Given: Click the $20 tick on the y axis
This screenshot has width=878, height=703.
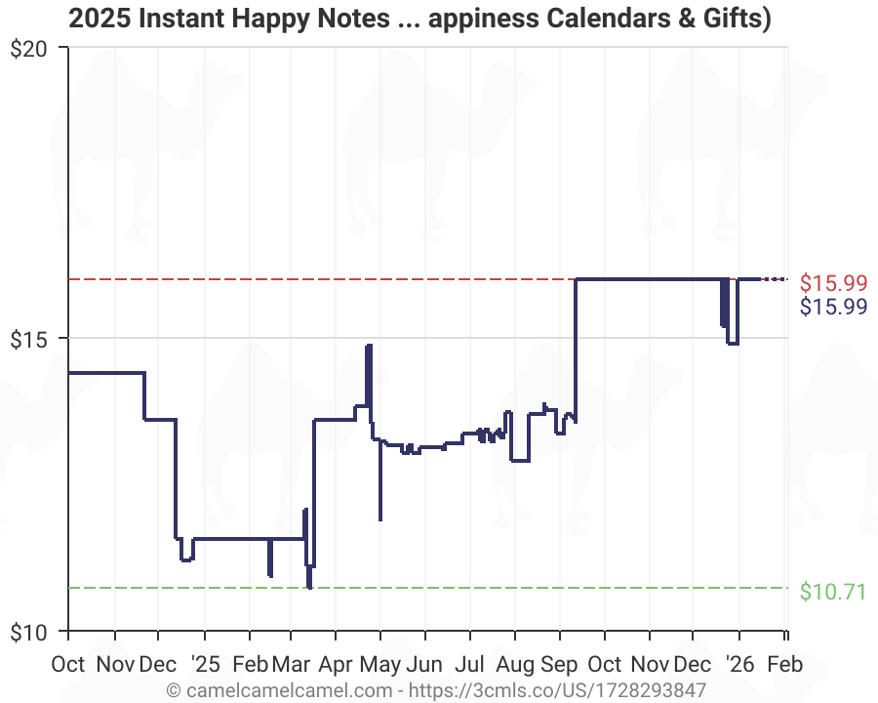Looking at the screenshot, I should pyautogui.click(x=34, y=48).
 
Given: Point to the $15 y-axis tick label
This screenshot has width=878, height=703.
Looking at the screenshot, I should pyautogui.click(x=34, y=339).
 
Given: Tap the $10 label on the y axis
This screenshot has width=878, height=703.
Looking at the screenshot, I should pyautogui.click(x=34, y=631).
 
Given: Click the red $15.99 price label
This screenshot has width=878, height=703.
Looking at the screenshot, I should pyautogui.click(x=833, y=283).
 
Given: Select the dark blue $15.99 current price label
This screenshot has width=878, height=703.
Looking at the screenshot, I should pyautogui.click(x=833, y=307).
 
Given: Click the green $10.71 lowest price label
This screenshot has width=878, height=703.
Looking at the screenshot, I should pyautogui.click(x=833, y=591).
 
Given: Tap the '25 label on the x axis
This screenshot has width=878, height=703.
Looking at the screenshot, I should pyautogui.click(x=205, y=665).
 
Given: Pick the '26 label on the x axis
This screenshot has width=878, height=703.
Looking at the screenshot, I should pyautogui.click(x=739, y=665).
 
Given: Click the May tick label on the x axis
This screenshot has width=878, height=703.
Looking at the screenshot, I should pyautogui.click(x=380, y=665).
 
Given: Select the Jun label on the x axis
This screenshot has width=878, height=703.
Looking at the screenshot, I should pyautogui.click(x=424, y=665).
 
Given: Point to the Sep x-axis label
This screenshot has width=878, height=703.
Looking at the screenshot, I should pyautogui.click(x=559, y=665).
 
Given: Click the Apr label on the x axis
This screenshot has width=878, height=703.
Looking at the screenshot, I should pyautogui.click(x=336, y=665).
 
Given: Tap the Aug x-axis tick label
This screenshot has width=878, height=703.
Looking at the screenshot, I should pyautogui.click(x=514, y=665).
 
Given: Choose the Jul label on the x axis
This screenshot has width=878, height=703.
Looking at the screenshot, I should pyautogui.click(x=469, y=665).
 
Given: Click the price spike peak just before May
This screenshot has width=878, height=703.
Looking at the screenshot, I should pyautogui.click(x=369, y=346).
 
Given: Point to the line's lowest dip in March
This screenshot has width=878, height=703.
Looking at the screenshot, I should pyautogui.click(x=309, y=587).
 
